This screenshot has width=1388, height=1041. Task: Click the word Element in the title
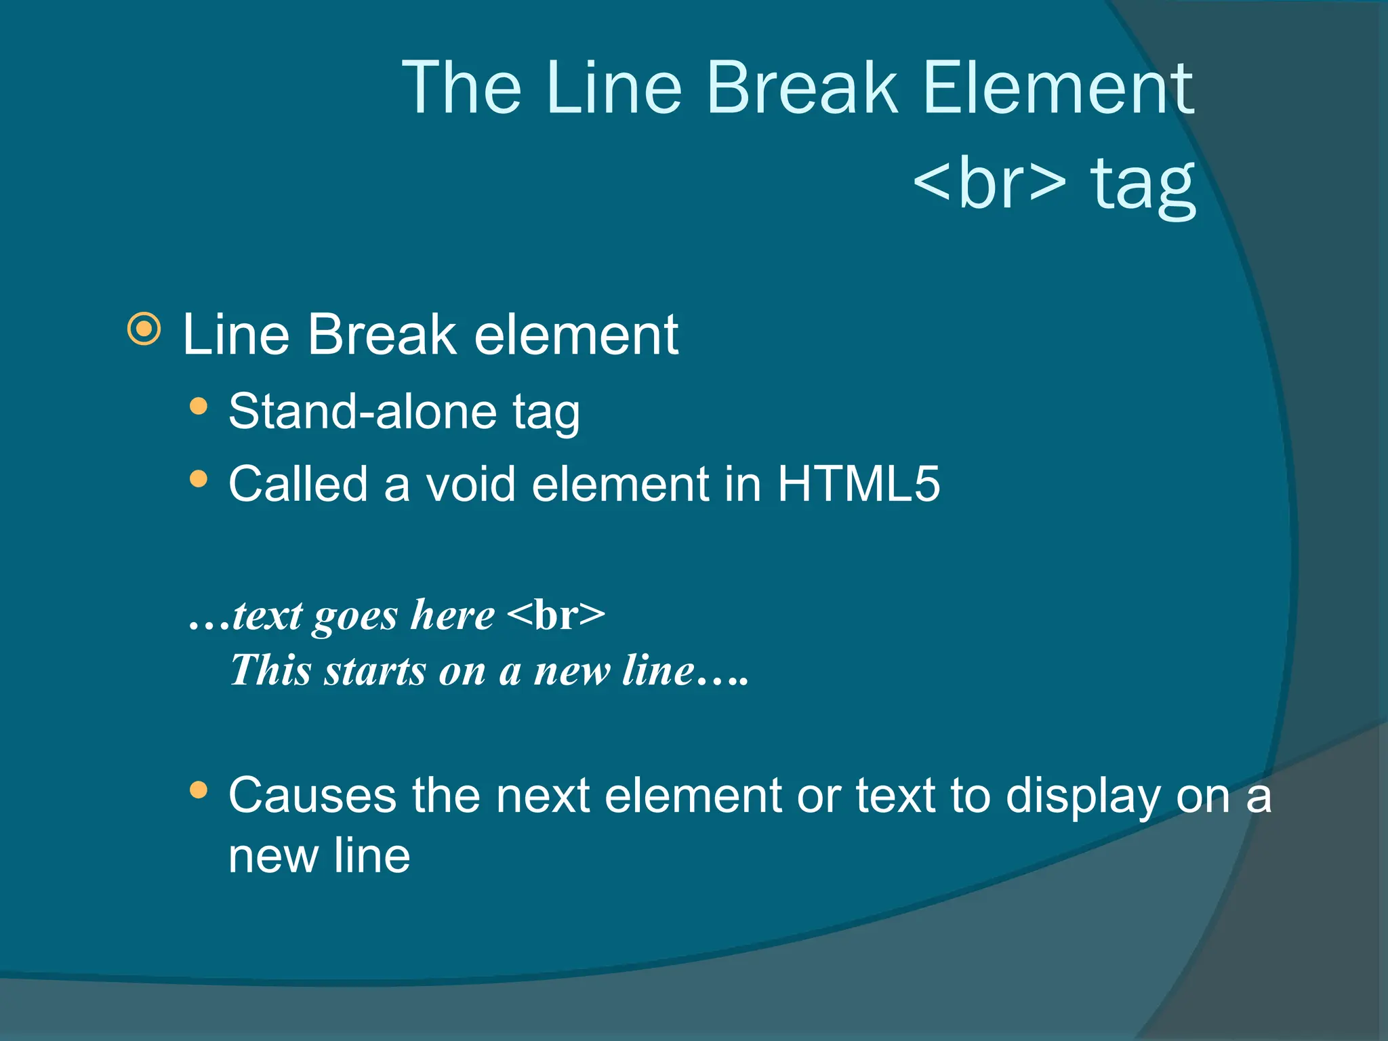(x=1057, y=88)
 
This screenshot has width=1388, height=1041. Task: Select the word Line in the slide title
(x=613, y=88)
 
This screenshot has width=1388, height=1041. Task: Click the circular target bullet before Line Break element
(x=144, y=329)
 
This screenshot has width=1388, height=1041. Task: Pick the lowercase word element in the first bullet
(x=576, y=335)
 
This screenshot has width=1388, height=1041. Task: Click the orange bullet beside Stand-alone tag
(x=199, y=407)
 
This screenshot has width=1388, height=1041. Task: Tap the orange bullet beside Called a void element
(x=199, y=479)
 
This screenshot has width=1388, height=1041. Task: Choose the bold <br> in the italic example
(x=556, y=615)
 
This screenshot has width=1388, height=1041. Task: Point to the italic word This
(x=271, y=671)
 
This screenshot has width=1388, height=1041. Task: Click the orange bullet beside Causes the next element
(x=199, y=790)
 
